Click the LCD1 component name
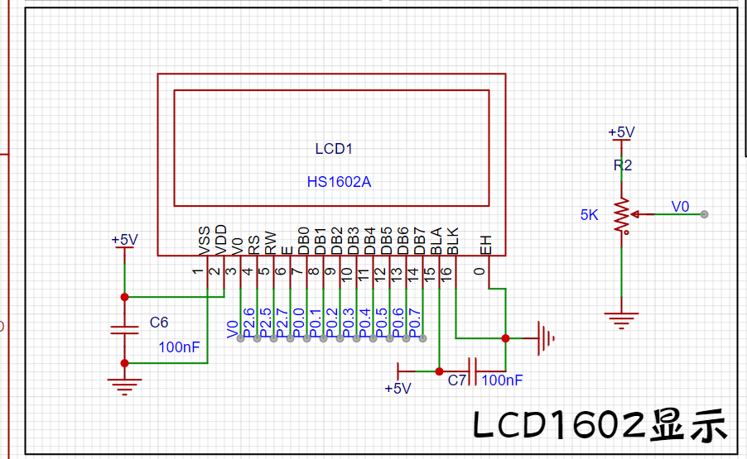coord(334,149)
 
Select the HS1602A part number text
coord(339,182)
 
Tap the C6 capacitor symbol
coord(124,329)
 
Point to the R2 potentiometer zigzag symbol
coord(622,215)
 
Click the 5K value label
coord(589,215)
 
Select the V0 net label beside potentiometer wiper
coord(680,206)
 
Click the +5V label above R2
coord(621,132)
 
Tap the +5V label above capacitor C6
coord(124,240)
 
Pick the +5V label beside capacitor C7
coord(398,389)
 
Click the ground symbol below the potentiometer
coord(622,318)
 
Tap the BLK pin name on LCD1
coord(453,240)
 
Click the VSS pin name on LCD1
coord(205,240)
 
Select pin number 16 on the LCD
coord(446,271)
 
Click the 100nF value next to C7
coord(502,380)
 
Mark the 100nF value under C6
coord(179,347)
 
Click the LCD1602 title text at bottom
coord(601,425)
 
